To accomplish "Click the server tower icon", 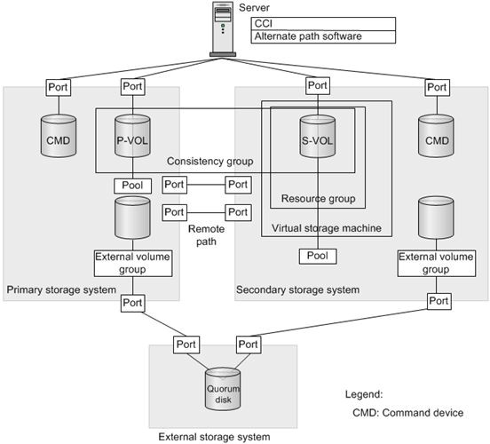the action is coord(223,29).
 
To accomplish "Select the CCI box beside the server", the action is coord(323,24).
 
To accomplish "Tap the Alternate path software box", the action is coord(323,36).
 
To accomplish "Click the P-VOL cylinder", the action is coord(132,136).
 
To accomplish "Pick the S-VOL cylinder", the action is coord(318,136).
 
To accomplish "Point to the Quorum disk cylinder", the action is coord(223,389).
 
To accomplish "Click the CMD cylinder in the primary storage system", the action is coord(59,136).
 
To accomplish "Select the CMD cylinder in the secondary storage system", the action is coord(436,136).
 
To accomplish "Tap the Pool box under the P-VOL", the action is coord(133,186).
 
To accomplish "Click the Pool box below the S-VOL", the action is coord(318,257).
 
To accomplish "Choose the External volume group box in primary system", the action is coord(133,263).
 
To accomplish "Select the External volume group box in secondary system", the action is coord(437,263).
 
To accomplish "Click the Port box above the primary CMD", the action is coord(59,88).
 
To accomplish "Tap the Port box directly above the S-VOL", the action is coord(318,86).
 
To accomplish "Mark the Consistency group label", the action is coord(210,162).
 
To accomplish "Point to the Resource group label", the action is coord(318,199).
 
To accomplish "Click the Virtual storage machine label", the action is coord(327,228).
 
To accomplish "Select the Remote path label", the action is coord(206,235).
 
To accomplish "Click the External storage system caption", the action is coord(215,437).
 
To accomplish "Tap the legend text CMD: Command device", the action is coord(407,413).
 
